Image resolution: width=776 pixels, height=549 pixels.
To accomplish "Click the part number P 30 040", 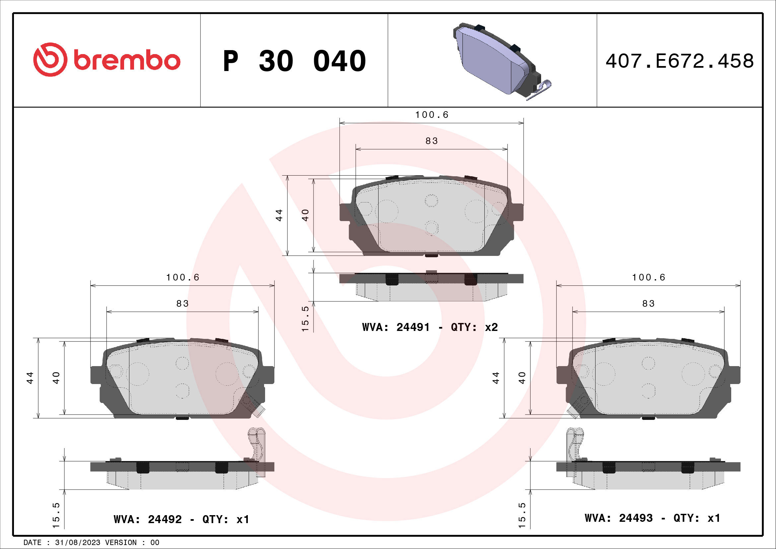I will (x=294, y=61).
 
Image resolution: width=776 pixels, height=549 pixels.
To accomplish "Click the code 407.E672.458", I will (x=679, y=61).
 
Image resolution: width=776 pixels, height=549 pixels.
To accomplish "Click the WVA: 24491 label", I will (x=396, y=327).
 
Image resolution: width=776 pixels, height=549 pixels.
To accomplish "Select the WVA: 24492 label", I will (x=148, y=519).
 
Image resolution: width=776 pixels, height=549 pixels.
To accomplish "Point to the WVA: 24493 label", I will (x=618, y=518).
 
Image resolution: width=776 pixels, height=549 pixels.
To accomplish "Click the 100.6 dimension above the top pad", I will (x=432, y=115).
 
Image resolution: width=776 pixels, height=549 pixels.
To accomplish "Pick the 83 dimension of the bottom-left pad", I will (x=182, y=304).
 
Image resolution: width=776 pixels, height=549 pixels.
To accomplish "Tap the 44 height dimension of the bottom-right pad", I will (x=496, y=378).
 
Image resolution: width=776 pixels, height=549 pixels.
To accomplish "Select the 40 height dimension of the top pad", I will (x=305, y=215).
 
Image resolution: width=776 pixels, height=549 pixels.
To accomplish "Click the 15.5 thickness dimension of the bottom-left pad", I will (x=56, y=515).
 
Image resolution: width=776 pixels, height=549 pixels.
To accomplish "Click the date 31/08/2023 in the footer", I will (x=77, y=543).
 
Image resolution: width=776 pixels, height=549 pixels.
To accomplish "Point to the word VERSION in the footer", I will (x=121, y=543).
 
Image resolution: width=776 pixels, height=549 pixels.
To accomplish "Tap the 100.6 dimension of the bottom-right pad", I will (x=648, y=277).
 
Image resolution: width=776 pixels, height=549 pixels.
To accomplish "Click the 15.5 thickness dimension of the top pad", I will (x=305, y=319).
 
